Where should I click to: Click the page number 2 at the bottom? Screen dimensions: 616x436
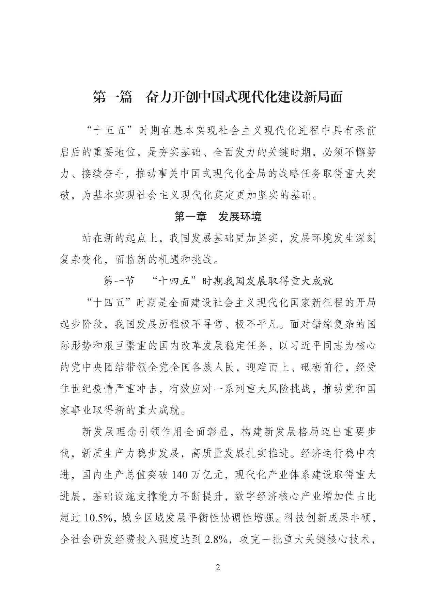tap(218, 567)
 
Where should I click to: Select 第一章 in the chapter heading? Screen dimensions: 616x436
tap(190, 216)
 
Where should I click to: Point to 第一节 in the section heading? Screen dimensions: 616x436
tap(119, 281)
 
